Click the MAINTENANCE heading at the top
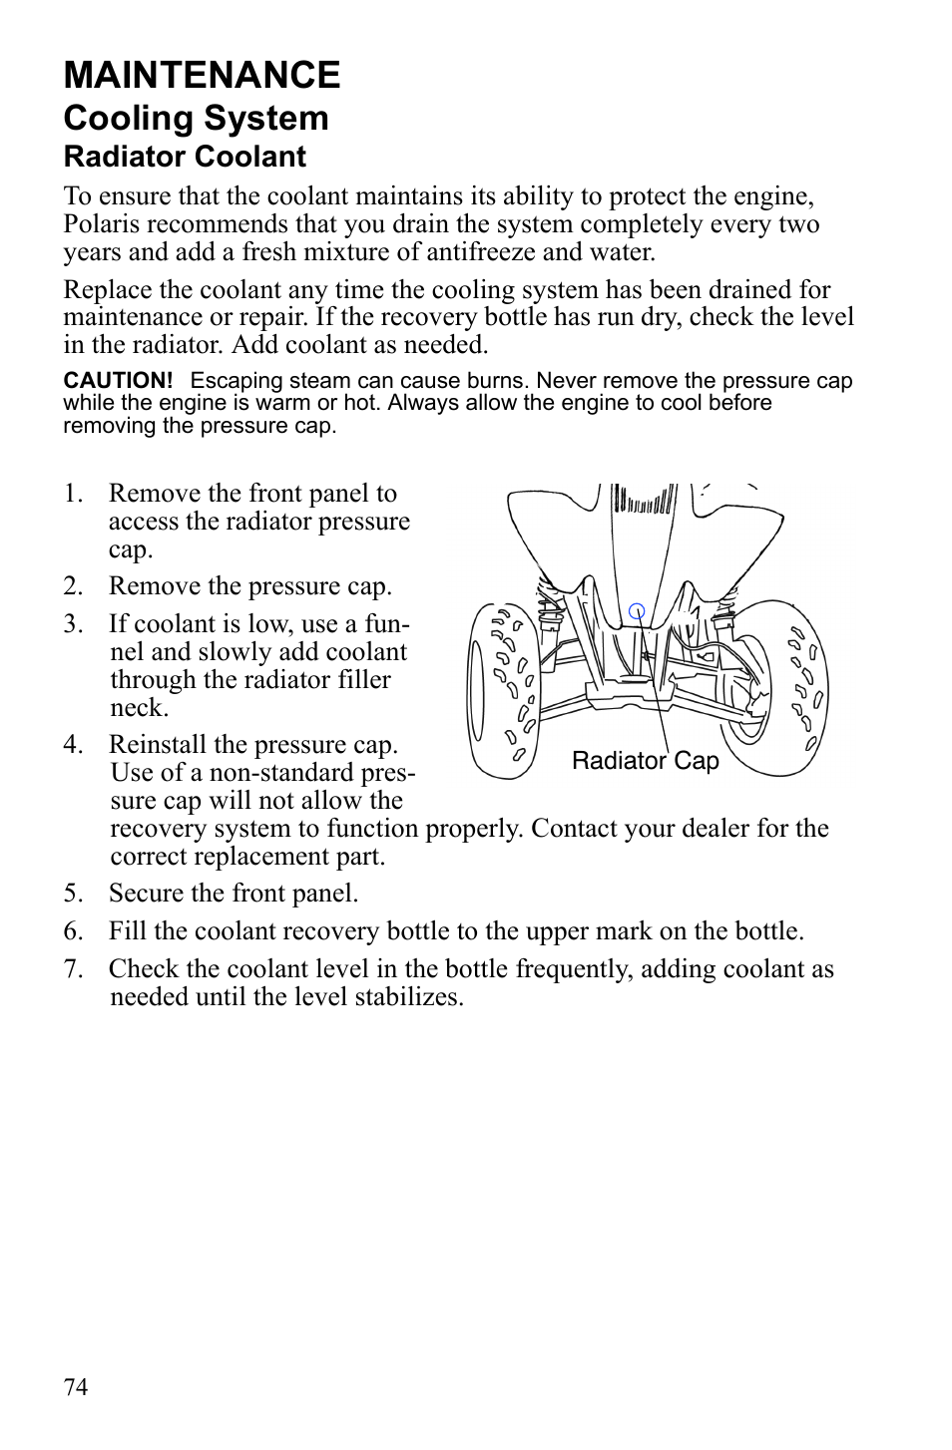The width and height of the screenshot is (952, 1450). click(x=202, y=76)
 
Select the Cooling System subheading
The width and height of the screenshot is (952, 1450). click(x=196, y=119)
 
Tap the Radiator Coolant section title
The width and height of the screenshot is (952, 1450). click(x=185, y=158)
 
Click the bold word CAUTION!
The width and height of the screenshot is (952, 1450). click(x=118, y=381)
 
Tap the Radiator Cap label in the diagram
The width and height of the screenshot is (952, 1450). click(x=645, y=761)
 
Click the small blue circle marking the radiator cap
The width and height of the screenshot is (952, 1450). click(x=637, y=611)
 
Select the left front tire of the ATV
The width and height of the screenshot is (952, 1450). click(x=504, y=689)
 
